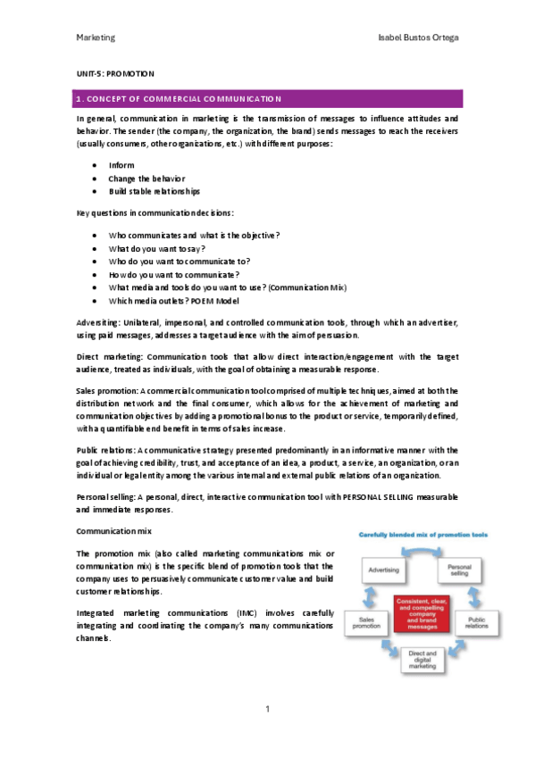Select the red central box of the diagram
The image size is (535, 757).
[422, 613]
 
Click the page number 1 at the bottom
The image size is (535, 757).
[267, 709]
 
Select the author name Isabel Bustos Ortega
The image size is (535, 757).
[419, 38]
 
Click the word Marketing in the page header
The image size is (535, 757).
[96, 38]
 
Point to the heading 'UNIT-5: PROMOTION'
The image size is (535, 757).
[116, 73]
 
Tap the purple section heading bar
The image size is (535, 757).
[267, 98]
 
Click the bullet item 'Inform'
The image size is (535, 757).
[121, 166]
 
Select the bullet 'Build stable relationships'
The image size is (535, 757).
[154, 191]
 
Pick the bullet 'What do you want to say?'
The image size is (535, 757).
[156, 248]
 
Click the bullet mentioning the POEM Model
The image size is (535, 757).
[169, 302]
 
